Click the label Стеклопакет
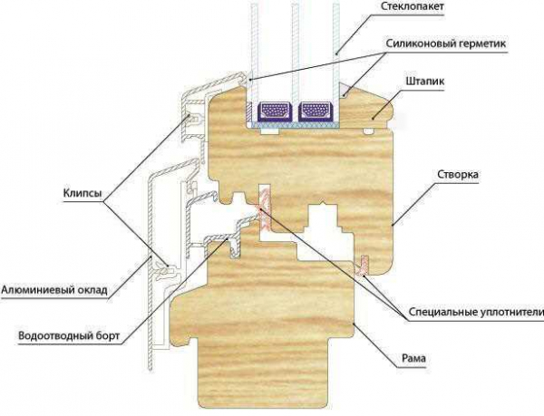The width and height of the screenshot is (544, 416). [x=413, y=6]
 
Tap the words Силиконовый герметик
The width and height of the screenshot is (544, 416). [x=446, y=44]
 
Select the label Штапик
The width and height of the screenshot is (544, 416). [x=425, y=82]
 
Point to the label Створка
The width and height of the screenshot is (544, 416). [x=458, y=174]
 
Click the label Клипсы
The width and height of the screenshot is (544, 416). [x=83, y=193]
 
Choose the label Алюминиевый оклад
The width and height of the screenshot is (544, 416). [x=54, y=289]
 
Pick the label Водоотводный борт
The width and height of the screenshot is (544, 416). [x=69, y=336]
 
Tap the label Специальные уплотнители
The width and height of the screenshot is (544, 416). [x=476, y=312]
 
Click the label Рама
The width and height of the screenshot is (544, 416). [x=413, y=358]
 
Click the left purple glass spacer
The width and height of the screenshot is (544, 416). [x=274, y=111]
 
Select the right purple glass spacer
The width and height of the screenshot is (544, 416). [x=315, y=111]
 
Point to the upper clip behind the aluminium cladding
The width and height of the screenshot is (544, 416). [x=193, y=119]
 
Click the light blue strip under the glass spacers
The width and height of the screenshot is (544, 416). [x=294, y=124]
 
